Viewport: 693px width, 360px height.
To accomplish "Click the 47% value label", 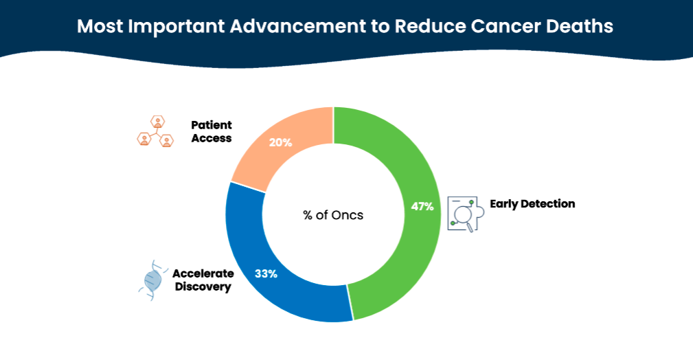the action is click(x=422, y=207).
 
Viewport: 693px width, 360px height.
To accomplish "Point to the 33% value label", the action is click(x=266, y=273).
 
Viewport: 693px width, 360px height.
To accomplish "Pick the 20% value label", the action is click(x=281, y=142).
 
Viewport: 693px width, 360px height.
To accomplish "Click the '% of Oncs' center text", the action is click(x=333, y=215).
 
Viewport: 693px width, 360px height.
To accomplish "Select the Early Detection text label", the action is click(x=532, y=204).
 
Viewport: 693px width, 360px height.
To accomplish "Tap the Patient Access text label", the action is click(x=212, y=131).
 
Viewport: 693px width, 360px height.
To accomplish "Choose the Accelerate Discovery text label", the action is click(x=203, y=280).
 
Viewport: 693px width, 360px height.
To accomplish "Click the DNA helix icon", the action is click(x=153, y=280).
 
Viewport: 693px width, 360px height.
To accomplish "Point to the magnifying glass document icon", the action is click(x=466, y=214).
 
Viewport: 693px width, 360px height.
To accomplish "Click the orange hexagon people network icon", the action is click(x=155, y=131).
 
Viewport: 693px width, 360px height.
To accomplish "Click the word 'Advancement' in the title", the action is click(x=298, y=26).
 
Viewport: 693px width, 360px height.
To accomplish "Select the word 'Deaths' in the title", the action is click(x=580, y=26).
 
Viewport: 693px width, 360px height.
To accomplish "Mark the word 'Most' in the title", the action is click(x=100, y=26).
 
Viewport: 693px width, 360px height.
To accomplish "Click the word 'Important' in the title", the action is click(x=177, y=27).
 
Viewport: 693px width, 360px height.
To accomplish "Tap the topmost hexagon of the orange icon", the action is click(x=158, y=122).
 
